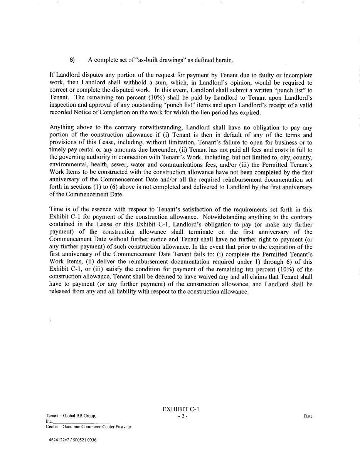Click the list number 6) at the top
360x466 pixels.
[x=72, y=60]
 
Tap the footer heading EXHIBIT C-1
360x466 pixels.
[x=181, y=409]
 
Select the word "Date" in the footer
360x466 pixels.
[x=308, y=416]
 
